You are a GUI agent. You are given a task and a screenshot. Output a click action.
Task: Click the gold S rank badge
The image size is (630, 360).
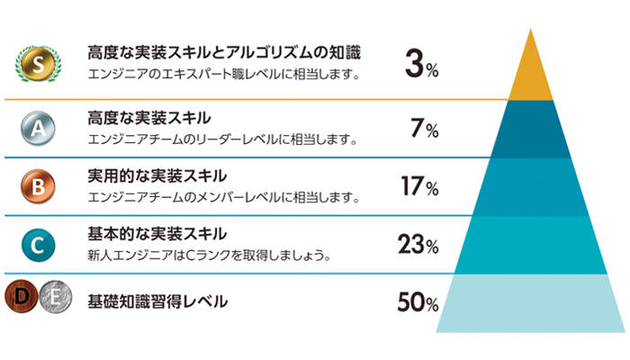(x=38, y=63)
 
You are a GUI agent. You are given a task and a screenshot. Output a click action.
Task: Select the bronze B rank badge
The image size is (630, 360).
(x=38, y=186)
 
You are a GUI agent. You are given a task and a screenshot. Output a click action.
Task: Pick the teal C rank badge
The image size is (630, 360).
(x=38, y=243)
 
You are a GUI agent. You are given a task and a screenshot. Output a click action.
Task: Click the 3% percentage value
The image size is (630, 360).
(x=421, y=66)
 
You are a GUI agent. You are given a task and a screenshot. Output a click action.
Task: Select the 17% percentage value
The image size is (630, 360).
(x=419, y=187)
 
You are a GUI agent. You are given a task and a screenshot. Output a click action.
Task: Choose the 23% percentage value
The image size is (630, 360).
(x=418, y=244)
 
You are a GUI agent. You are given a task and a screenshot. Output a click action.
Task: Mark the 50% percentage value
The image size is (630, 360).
(x=418, y=301)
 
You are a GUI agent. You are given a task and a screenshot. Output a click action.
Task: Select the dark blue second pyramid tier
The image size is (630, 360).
(x=530, y=129)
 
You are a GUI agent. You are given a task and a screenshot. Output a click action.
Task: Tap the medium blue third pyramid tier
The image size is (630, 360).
(x=530, y=186)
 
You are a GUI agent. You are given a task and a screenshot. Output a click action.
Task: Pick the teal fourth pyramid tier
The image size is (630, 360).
(x=530, y=244)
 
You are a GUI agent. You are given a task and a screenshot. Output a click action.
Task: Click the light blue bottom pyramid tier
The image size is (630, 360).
(x=530, y=302)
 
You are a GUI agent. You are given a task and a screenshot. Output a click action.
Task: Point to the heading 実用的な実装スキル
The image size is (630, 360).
(x=157, y=175)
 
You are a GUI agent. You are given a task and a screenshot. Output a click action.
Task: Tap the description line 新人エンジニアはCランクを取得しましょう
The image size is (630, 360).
(x=208, y=256)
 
